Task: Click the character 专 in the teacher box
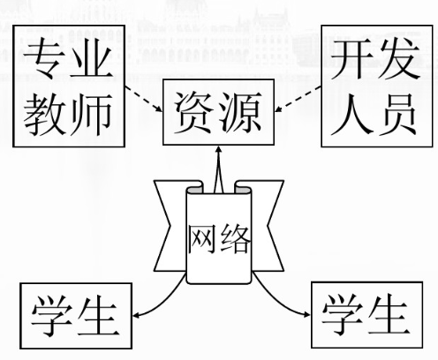[44, 59]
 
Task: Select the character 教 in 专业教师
[44, 114]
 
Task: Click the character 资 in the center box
[193, 113]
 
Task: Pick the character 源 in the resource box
[241, 112]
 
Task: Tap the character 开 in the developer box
[351, 59]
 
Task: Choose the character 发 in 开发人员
[398, 59]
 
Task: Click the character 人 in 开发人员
[351, 115]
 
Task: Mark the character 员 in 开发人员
[397, 115]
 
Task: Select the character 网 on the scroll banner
[200, 238]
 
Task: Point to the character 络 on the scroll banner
[235, 238]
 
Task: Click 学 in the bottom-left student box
[52, 315]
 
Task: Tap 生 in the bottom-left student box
[99, 315]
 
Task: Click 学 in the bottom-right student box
[342, 314]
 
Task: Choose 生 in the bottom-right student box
[389, 314]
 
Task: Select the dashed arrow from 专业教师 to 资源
[143, 99]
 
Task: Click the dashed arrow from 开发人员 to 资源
[298, 99]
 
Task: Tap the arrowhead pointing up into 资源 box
[218, 149]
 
